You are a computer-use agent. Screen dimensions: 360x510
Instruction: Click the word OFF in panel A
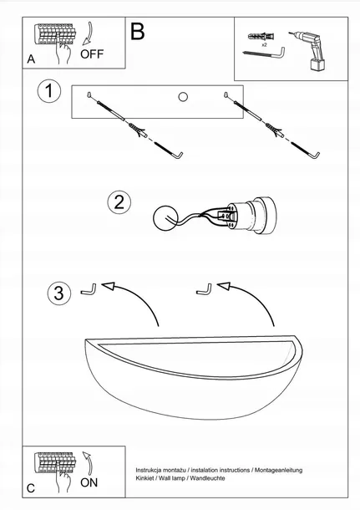coord(92,54)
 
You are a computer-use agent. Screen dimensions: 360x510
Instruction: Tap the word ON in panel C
coord(89,482)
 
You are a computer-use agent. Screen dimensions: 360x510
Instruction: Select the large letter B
coord(137,32)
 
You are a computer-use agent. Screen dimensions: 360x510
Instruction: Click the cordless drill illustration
coord(307,50)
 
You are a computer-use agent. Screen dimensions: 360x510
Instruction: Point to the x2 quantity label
coord(264,44)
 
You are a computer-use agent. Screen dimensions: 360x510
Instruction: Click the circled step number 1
coord(49,91)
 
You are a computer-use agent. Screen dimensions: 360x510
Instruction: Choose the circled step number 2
coord(119,202)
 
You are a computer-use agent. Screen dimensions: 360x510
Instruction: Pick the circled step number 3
coord(58,293)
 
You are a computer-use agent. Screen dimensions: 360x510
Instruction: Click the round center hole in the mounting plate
coord(183,97)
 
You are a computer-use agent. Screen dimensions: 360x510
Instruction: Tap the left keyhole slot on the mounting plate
coord(89,95)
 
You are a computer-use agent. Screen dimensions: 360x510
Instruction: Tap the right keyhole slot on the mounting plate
coord(226,95)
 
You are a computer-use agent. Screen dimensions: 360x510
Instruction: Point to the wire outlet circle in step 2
coord(165,217)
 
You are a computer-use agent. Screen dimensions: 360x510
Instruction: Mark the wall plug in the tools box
coord(261,36)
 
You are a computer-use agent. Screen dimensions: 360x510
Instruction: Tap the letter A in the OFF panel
coord(31,59)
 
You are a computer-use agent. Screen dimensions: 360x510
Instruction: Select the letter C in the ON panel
coord(31,488)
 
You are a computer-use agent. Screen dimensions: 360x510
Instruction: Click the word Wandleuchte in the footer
coord(207,478)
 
